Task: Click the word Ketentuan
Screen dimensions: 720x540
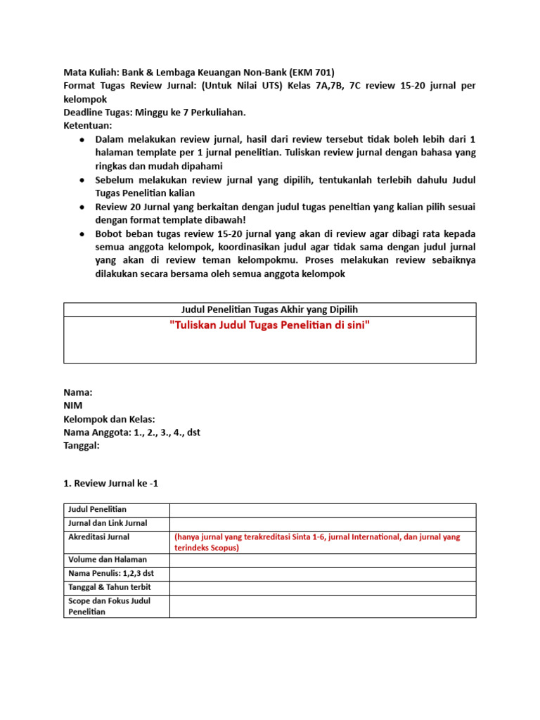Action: point(87,126)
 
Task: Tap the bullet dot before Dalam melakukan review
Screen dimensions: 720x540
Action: point(82,140)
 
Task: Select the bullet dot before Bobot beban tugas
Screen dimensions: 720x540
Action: point(82,234)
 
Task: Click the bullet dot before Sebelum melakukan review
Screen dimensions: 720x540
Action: point(82,180)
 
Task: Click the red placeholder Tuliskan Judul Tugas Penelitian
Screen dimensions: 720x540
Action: point(270,326)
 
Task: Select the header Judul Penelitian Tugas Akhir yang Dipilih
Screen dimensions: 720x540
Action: point(270,310)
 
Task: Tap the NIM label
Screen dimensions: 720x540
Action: point(73,406)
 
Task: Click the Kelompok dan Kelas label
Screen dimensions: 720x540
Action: point(109,419)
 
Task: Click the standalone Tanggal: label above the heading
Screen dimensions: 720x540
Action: point(82,446)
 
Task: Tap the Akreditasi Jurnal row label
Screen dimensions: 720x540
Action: point(98,537)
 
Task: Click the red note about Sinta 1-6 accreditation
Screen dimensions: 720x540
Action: point(317,542)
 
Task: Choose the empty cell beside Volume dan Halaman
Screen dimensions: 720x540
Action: point(322,561)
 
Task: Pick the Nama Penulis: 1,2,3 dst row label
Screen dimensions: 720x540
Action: point(110,574)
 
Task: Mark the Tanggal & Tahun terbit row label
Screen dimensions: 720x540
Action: point(109,587)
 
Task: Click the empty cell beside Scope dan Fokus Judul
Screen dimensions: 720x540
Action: point(322,606)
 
